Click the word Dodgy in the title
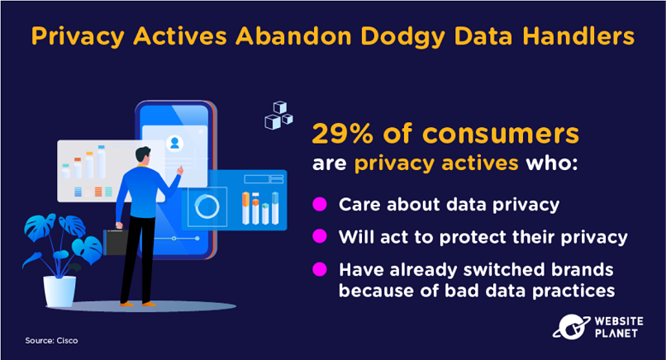pyautogui.click(x=402, y=37)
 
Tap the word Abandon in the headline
pyautogui.click(x=293, y=36)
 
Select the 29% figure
pyautogui.click(x=342, y=133)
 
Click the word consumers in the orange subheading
pyautogui.click(x=501, y=134)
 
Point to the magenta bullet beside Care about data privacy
pyautogui.click(x=320, y=204)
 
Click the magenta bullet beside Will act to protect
pyautogui.click(x=320, y=236)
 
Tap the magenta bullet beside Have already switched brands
pyautogui.click(x=320, y=268)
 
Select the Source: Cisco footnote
pyautogui.click(x=51, y=340)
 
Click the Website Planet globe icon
pyautogui.click(x=571, y=327)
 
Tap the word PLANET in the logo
pyautogui.click(x=616, y=334)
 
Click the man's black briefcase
pyautogui.click(x=115, y=243)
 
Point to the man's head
pyautogui.click(x=143, y=154)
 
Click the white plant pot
pyautogui.click(x=59, y=291)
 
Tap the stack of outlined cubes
pyautogui.click(x=278, y=116)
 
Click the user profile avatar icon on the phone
pyautogui.click(x=174, y=143)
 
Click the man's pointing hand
pyautogui.click(x=180, y=170)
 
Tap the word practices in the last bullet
pyautogui.click(x=573, y=291)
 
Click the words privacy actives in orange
pyautogui.click(x=436, y=163)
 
